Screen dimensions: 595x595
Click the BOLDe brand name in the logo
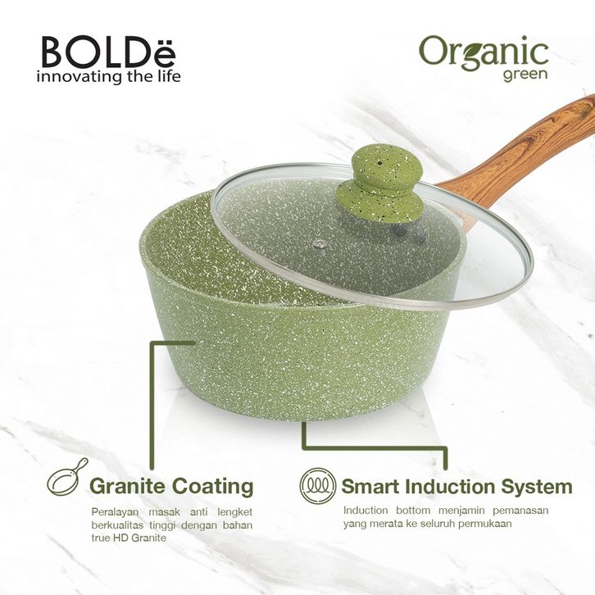coord(109,52)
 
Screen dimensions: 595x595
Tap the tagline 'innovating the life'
coord(108,76)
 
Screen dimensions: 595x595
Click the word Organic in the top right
coord(484,53)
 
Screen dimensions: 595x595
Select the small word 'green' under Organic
coord(525,75)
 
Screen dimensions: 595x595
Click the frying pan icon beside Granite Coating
coord(67,479)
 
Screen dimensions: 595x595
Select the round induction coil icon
coord(318,485)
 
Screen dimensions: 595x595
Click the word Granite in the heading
coord(128,486)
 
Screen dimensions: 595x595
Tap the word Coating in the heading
coord(212,487)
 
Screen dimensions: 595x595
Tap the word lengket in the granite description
coord(235,513)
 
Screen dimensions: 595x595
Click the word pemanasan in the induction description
coord(520,511)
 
